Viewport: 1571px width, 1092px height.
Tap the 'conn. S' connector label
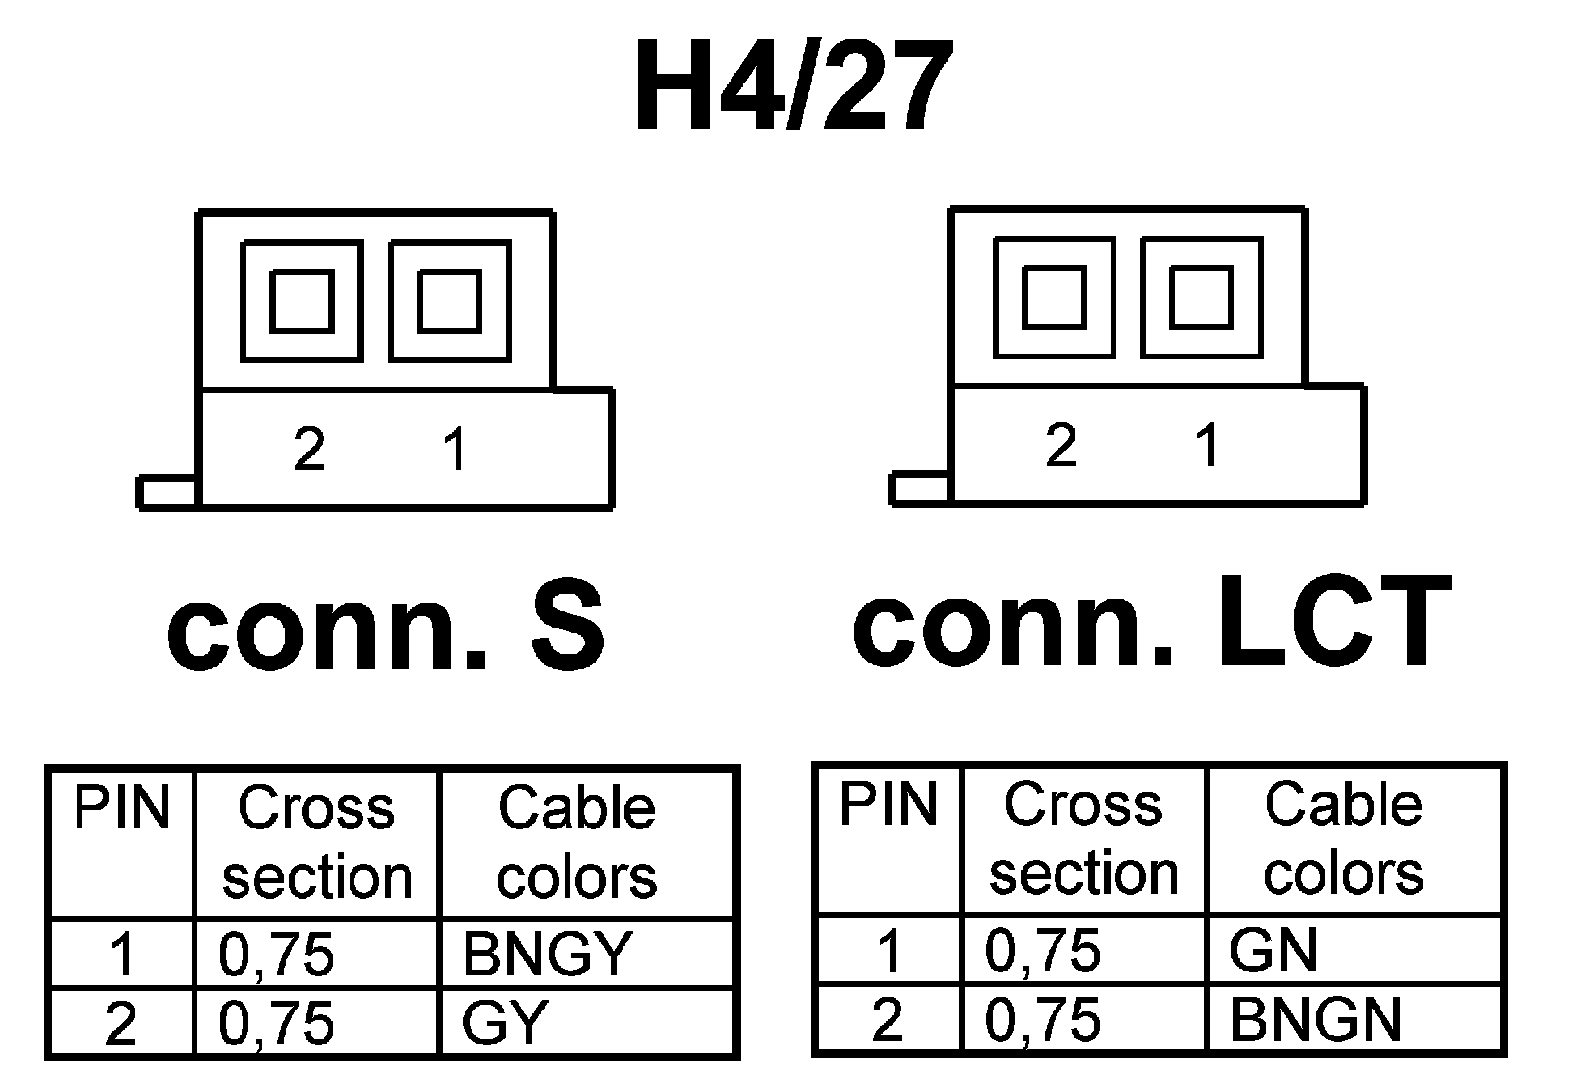(386, 625)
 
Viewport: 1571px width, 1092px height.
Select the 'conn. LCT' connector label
(1151, 622)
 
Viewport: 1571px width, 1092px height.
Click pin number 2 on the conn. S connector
(309, 450)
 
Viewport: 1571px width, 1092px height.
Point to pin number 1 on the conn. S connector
(455, 450)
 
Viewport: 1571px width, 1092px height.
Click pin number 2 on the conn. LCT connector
(1060, 446)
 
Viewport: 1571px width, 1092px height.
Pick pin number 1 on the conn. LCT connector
(1207, 446)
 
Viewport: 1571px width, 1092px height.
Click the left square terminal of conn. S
(301, 301)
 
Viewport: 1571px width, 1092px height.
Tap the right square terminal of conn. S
(449, 301)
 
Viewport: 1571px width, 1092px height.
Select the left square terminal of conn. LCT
(1054, 297)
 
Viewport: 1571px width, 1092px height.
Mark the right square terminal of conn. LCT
(1202, 297)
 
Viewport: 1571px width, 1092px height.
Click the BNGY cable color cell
(548, 954)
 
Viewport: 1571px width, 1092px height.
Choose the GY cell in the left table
(504, 1023)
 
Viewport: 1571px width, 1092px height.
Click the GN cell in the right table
(1273, 950)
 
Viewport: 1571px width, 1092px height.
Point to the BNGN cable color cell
(1315, 1019)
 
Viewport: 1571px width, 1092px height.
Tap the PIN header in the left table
(122, 807)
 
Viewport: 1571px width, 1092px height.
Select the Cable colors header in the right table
(1343, 839)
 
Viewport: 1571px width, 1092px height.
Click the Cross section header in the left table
(317, 843)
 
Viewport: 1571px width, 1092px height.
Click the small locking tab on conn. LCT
(920, 488)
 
